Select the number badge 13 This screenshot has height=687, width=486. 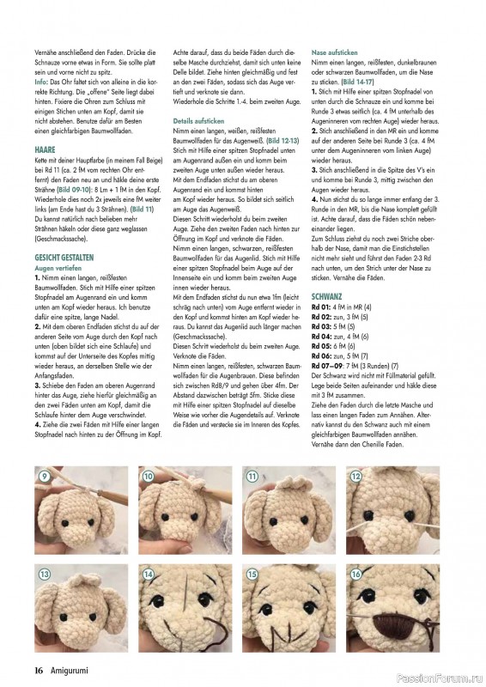pyautogui.click(x=43, y=573)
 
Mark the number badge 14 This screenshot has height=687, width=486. pyautogui.click(x=148, y=573)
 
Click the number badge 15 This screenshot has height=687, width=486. pyautogui.click(x=252, y=573)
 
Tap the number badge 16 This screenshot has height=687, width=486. pyautogui.click(x=356, y=573)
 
